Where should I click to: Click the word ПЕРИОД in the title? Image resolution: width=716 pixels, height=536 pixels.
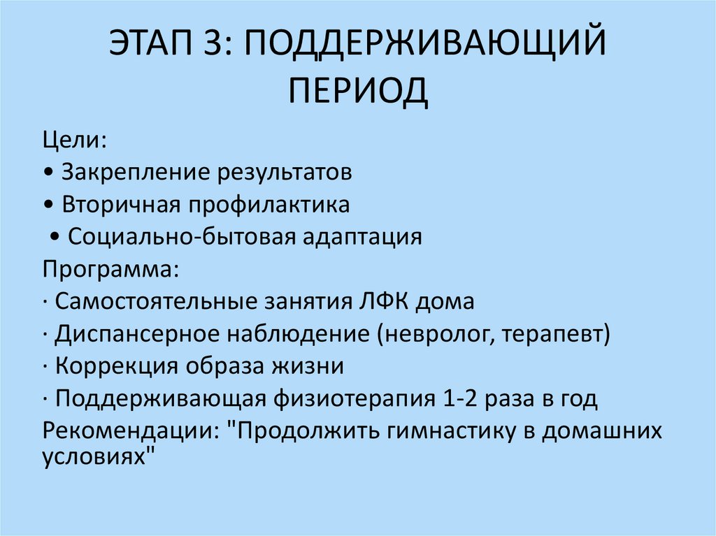[x=358, y=91]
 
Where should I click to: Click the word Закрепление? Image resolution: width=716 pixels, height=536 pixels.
[x=136, y=173]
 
